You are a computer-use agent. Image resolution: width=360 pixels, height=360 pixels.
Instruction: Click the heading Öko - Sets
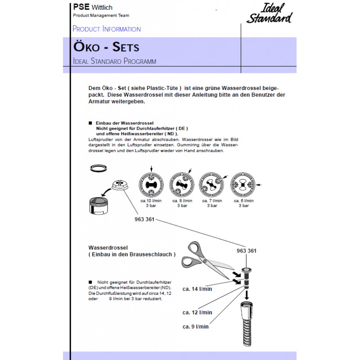click(105, 47)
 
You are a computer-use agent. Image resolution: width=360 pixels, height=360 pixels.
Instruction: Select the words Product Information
click(107, 29)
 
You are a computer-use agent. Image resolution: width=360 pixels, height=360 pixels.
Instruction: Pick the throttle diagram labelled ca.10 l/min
click(151, 184)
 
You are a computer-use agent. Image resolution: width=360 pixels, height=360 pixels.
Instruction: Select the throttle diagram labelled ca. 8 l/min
click(182, 184)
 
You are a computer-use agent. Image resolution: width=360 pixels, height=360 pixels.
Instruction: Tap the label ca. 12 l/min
click(197, 312)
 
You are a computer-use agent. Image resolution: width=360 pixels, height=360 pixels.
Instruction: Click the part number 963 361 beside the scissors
click(247, 251)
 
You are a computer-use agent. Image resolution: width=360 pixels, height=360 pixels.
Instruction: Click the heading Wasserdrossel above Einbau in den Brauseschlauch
click(109, 247)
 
